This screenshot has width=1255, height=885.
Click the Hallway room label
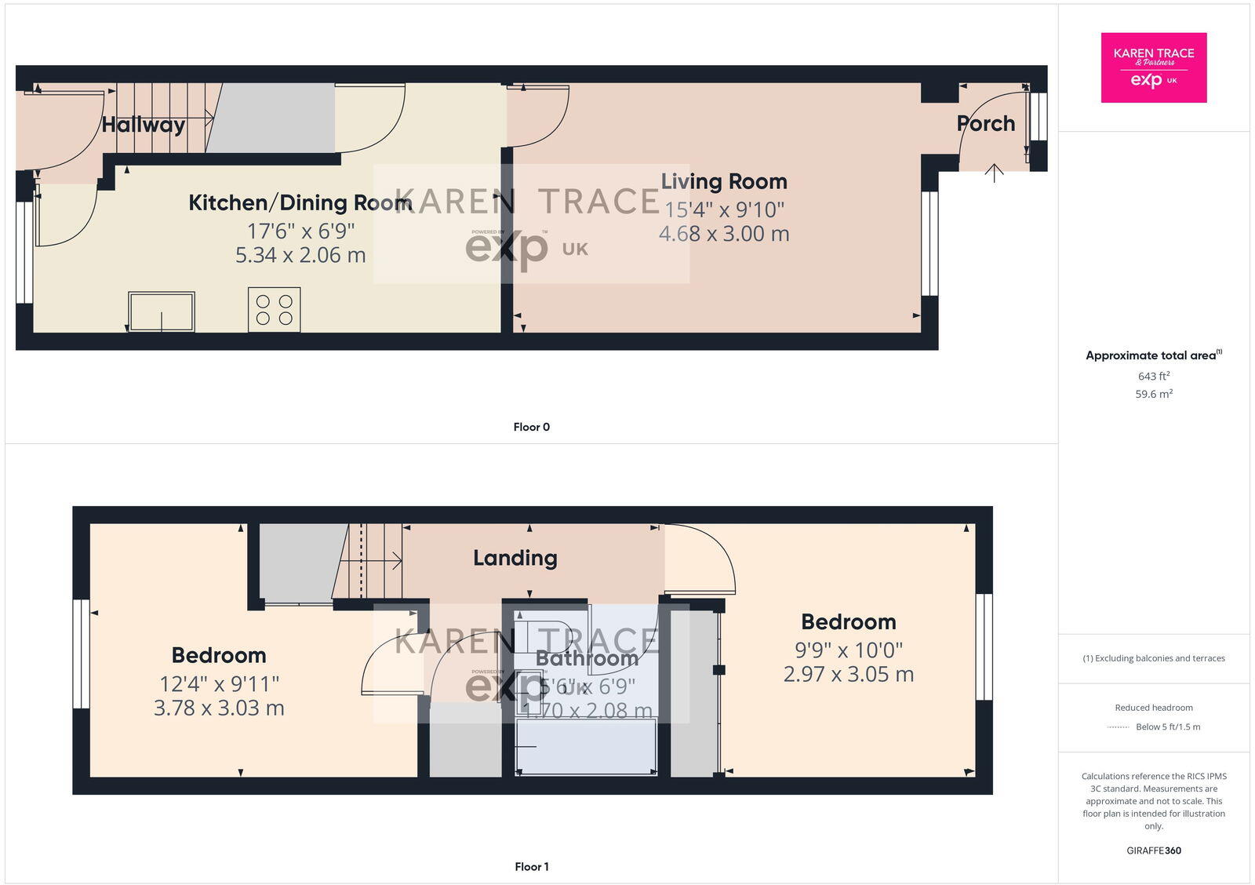[x=143, y=125]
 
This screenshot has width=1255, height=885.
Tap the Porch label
[x=985, y=124]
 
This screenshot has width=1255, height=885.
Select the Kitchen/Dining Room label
[x=300, y=202]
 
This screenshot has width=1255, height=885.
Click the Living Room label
[x=723, y=181]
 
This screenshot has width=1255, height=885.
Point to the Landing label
[x=515, y=558]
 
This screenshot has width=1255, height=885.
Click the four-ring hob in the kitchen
[x=275, y=309]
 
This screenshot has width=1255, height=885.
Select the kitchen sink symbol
[x=162, y=311]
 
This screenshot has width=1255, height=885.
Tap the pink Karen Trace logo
[x=1153, y=67]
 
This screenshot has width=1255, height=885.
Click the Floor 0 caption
[x=531, y=427]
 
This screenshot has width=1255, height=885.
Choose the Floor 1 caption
[x=531, y=866]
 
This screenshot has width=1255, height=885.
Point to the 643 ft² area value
[x=1153, y=376]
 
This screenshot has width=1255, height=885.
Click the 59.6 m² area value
[x=1153, y=394]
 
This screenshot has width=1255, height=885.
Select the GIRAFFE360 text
[x=1153, y=850]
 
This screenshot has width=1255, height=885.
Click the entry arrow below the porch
[x=994, y=173]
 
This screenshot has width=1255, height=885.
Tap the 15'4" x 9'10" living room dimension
[x=723, y=209]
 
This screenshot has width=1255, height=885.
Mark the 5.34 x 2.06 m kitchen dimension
[x=300, y=255]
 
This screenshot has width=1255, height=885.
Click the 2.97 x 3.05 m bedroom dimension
[x=848, y=674]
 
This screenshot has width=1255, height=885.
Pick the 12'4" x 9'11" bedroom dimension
[x=219, y=684]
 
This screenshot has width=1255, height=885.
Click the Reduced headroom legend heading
[x=1153, y=708]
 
